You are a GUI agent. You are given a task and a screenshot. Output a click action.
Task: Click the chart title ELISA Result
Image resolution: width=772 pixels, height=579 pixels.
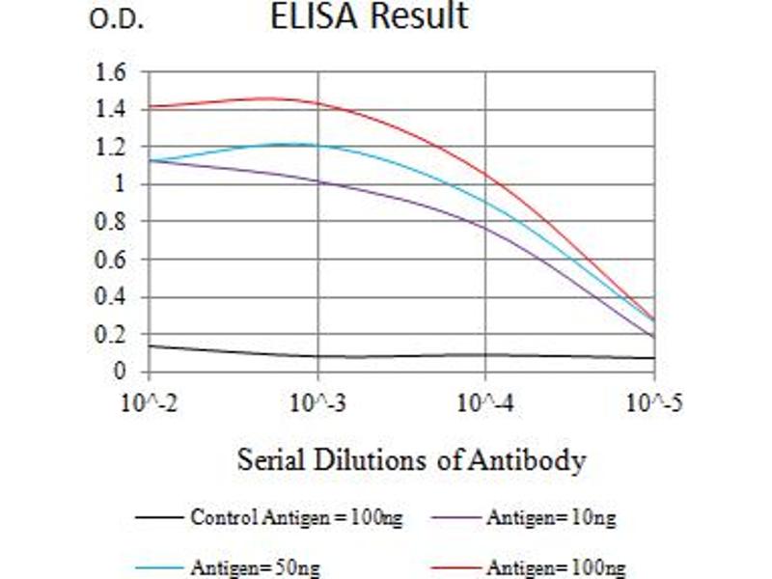coord(371,16)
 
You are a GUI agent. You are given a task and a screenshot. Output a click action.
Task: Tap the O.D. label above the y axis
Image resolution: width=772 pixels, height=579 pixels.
coord(117,19)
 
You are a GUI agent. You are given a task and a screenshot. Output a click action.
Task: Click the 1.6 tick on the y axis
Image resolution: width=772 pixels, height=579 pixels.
coord(112,72)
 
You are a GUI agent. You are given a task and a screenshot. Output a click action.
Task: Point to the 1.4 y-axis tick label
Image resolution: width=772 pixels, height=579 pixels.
coord(112,110)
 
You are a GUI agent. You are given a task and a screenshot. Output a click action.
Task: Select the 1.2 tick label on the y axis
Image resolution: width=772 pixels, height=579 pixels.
coord(112,148)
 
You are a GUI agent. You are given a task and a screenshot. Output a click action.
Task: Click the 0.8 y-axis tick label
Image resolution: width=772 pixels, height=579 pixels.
coord(112,222)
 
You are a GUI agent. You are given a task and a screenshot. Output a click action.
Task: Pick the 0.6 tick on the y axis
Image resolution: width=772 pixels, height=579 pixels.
coord(112,260)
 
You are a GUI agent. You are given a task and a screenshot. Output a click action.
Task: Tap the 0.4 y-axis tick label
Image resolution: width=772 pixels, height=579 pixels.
coord(112,297)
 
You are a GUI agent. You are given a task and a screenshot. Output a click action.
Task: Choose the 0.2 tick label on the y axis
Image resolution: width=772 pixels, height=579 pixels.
coord(112,335)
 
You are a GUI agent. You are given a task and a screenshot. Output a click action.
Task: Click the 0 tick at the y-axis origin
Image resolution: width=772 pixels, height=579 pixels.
coord(121,372)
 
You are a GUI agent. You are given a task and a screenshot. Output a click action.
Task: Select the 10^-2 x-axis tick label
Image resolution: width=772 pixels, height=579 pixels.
coord(149,402)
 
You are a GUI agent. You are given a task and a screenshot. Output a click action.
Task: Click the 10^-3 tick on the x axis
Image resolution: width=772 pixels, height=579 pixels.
coord(317,402)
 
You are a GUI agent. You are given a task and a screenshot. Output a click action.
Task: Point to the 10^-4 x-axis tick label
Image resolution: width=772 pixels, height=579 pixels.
coord(485,402)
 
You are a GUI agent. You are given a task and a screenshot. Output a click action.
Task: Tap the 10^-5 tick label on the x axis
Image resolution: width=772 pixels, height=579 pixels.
coord(653,402)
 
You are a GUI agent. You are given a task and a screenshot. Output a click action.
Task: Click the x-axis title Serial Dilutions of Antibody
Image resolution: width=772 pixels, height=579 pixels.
coord(411,460)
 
